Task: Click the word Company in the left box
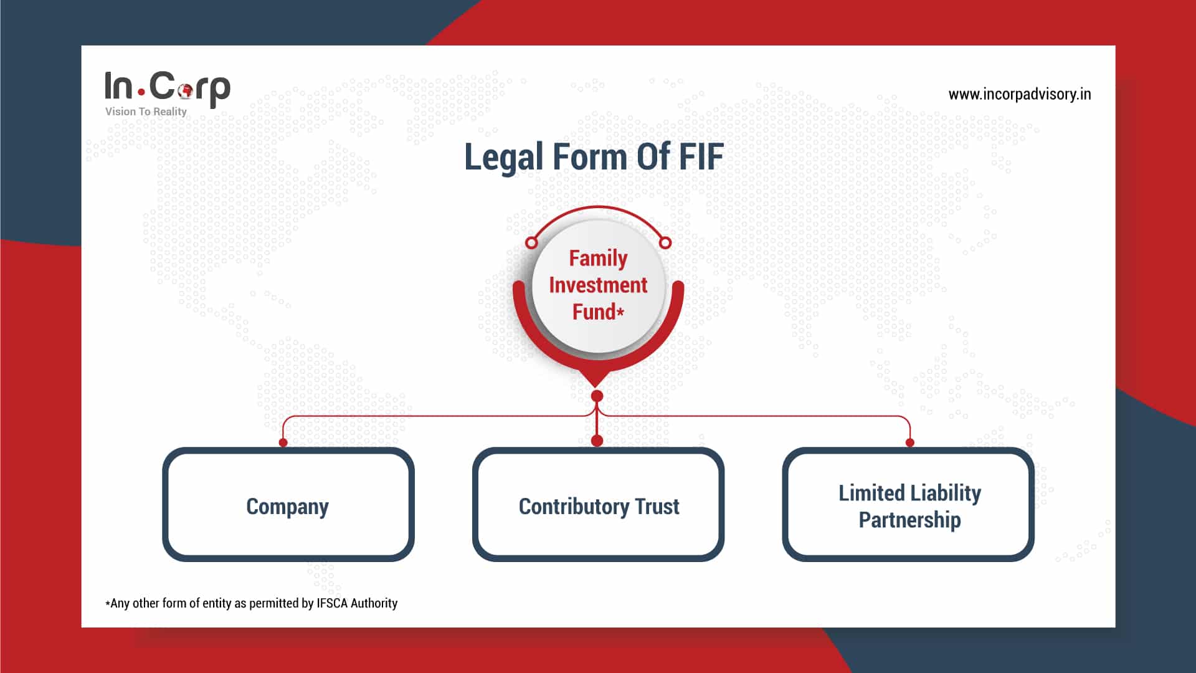point(287,507)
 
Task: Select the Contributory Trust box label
point(599,507)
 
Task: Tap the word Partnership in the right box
point(909,520)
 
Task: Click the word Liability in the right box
point(945,493)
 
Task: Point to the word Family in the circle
point(598,258)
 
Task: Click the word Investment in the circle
point(598,285)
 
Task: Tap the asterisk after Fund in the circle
point(620,311)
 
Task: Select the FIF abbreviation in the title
point(701,156)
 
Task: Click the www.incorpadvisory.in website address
point(1019,94)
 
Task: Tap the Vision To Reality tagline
point(146,112)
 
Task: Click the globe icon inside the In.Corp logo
point(185,90)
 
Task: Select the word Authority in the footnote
point(374,603)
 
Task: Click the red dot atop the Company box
point(283,442)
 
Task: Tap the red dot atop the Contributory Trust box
point(597,441)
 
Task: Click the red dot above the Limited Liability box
point(910,442)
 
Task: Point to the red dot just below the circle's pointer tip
point(597,396)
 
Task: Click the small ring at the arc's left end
point(531,242)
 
